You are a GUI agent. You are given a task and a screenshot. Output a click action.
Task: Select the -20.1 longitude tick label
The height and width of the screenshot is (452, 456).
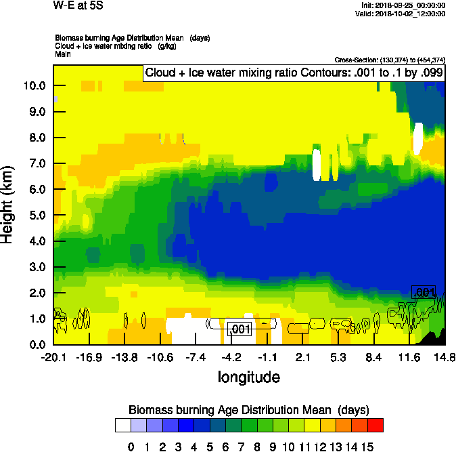pyautogui.click(x=53, y=357)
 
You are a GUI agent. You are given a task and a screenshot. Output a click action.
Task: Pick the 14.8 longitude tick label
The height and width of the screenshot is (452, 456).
pyautogui.click(x=444, y=357)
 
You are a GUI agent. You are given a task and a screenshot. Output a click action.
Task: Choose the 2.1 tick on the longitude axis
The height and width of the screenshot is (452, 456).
pyautogui.click(x=302, y=357)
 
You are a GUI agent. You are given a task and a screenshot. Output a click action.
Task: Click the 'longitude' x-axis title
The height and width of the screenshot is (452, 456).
pyautogui.click(x=248, y=377)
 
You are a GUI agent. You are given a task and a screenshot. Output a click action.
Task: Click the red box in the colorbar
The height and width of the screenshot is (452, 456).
pyautogui.click(x=375, y=426)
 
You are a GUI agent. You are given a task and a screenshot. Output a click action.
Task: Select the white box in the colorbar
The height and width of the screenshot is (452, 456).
pyautogui.click(x=122, y=426)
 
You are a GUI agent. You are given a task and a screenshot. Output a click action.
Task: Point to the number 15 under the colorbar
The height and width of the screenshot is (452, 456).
pyautogui.click(x=367, y=447)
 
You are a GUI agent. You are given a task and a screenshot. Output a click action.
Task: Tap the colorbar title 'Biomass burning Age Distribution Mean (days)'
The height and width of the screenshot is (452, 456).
pyautogui.click(x=248, y=410)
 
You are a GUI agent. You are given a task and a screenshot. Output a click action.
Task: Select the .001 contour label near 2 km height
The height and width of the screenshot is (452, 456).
pyautogui.click(x=423, y=292)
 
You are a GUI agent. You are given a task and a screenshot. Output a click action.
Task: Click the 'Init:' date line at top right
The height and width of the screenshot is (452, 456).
pyautogui.click(x=403, y=5)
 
